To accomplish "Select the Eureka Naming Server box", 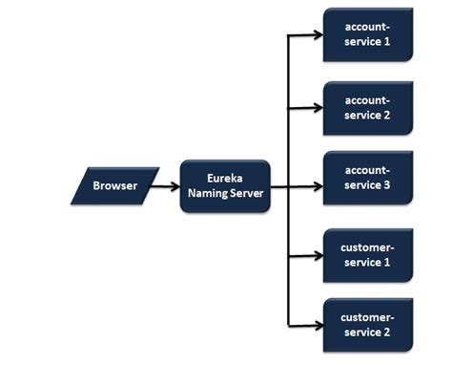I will pos(225,185).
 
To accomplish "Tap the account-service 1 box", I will pos(367,35).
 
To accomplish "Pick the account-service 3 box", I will pos(367,178).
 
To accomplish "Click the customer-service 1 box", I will pos(367,254).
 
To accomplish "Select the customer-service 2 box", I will pos(367,324).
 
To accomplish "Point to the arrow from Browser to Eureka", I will pos(168,185).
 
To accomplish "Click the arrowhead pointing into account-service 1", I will pos(317,38).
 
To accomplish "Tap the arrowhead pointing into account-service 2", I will pos(317,108).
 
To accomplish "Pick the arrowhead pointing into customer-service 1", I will pos(317,255).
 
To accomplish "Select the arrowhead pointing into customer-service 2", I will pos(317,326).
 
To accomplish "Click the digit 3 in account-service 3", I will pos(388,185).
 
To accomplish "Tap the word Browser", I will pos(114,185).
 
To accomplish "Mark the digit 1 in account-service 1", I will pos(388,43).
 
